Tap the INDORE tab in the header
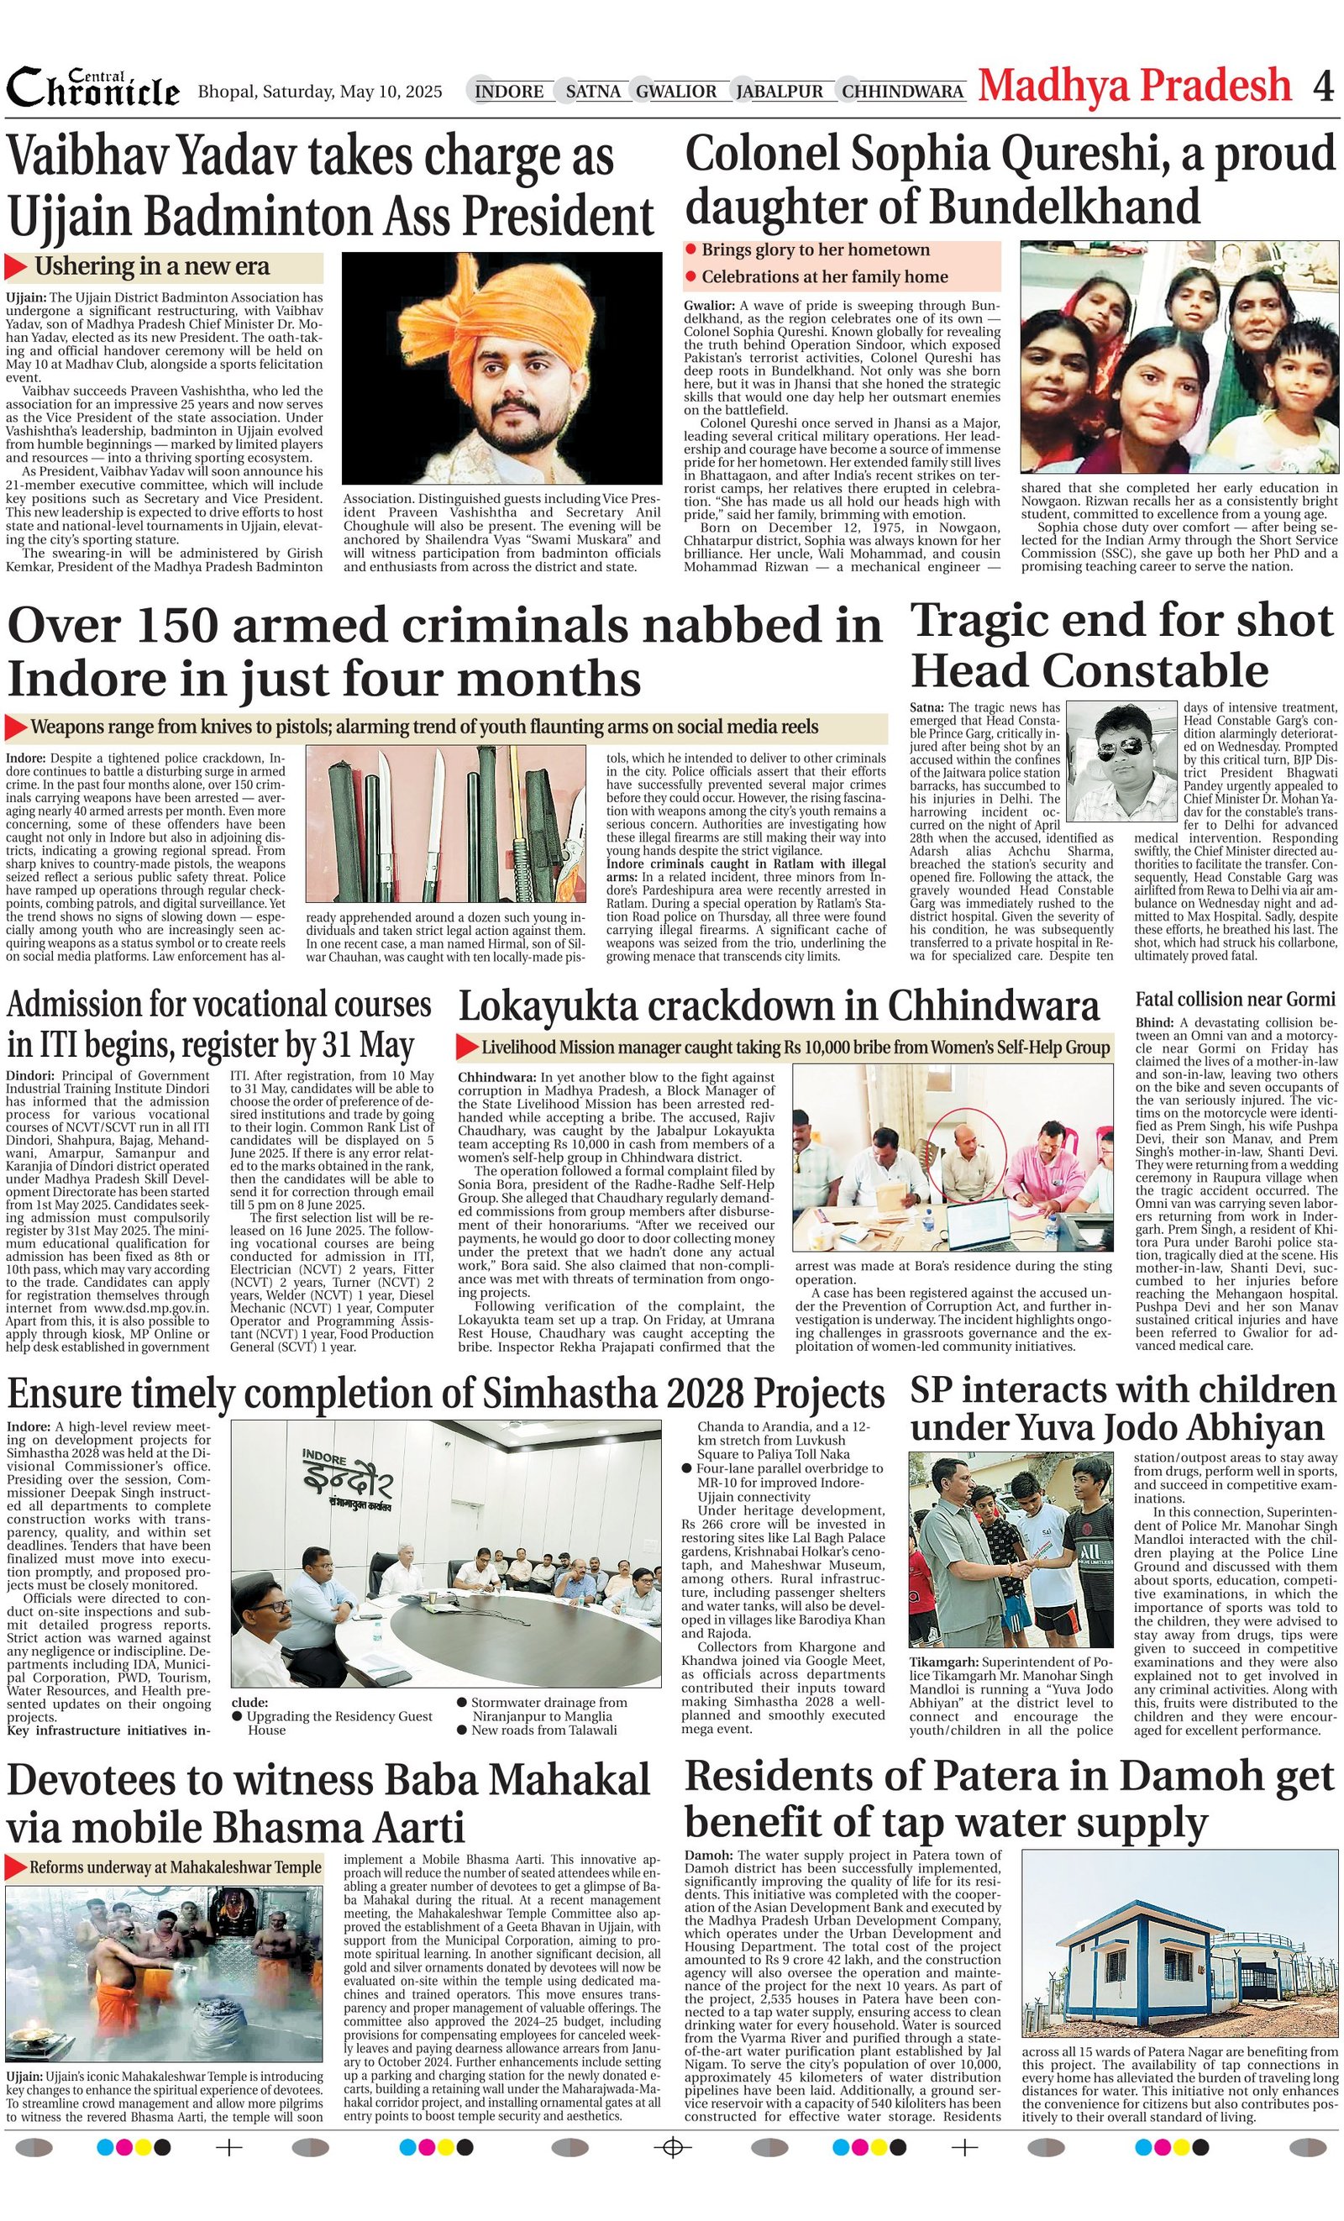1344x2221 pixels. point(508,91)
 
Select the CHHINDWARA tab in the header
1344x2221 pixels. point(902,91)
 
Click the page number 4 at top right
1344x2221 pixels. point(1322,87)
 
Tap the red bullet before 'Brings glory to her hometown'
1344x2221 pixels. point(690,249)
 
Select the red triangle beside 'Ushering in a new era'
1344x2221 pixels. point(16,267)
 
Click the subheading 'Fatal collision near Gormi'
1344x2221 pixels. point(1234,999)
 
